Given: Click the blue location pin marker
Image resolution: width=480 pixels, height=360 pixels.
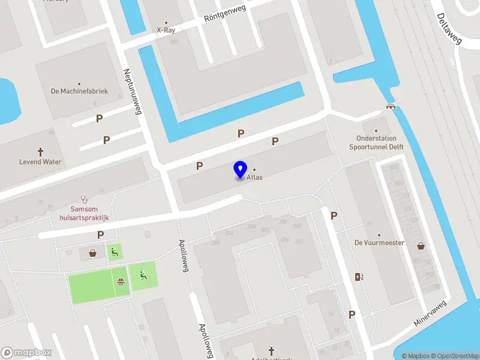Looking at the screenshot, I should pyautogui.click(x=241, y=170).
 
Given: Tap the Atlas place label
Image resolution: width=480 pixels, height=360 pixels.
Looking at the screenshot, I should pyautogui.click(x=254, y=178).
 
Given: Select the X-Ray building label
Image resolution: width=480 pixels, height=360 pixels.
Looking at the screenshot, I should pyautogui.click(x=166, y=29).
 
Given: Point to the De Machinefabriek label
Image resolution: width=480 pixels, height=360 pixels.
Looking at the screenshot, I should pyautogui.click(x=79, y=91).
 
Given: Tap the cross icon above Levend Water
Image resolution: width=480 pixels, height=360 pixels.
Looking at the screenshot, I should pyautogui.click(x=41, y=152).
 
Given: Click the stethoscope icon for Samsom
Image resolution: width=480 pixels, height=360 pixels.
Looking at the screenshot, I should pyautogui.click(x=84, y=199).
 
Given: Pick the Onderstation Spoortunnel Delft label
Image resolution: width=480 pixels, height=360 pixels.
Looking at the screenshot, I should pyautogui.click(x=376, y=142).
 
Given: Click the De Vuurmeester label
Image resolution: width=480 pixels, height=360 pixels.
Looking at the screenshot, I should pyautogui.click(x=379, y=243).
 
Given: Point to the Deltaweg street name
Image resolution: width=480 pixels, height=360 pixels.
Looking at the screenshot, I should pyautogui.click(x=449, y=29).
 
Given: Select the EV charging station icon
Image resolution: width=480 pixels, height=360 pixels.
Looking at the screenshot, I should pyautogui.click(x=359, y=277).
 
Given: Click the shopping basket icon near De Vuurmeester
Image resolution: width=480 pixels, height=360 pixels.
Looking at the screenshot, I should pyautogui.click(x=421, y=245).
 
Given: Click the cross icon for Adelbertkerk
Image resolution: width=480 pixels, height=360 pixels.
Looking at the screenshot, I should pyautogui.click(x=271, y=350).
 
